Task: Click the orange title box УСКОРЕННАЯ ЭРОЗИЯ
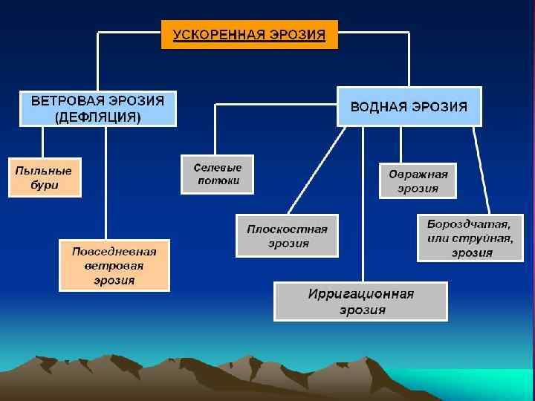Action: pyautogui.click(x=250, y=35)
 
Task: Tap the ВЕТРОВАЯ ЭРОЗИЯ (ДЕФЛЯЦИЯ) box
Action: pyautogui.click(x=97, y=108)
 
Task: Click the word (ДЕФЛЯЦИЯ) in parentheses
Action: pyautogui.click(x=97, y=117)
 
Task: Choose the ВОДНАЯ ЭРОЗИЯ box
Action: pyautogui.click(x=409, y=106)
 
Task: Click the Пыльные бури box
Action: pyautogui.click(x=45, y=177)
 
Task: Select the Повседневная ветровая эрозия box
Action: pyautogui.click(x=114, y=265)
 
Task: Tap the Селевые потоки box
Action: pyautogui.click(x=217, y=174)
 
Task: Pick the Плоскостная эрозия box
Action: pyautogui.click(x=287, y=235)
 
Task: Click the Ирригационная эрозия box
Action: pyautogui.click(x=361, y=301)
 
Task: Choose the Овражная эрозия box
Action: pyautogui.click(x=418, y=180)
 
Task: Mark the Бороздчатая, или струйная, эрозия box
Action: pyautogui.click(x=470, y=238)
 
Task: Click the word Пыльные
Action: pyautogui.click(x=45, y=169)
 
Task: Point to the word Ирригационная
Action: pyautogui.click(x=361, y=294)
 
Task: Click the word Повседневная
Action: pyautogui.click(x=114, y=251)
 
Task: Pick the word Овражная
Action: pyautogui.click(x=418, y=174)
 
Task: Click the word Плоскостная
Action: pyautogui.click(x=287, y=229)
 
